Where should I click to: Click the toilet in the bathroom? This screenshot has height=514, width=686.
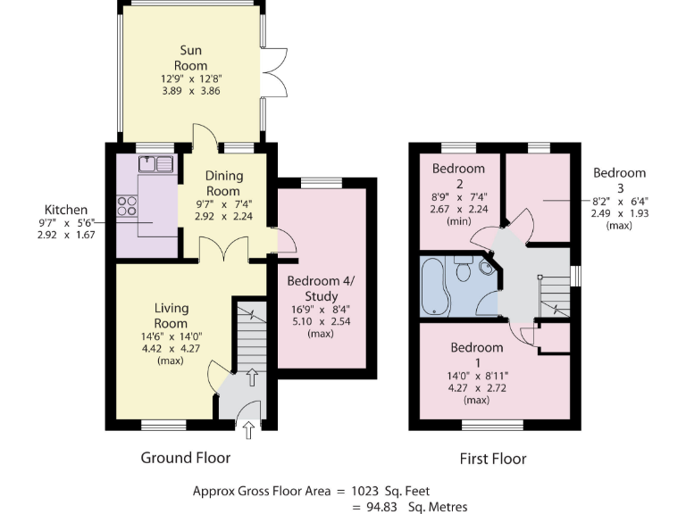[x=463, y=269]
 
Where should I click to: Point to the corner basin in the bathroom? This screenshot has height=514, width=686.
[x=486, y=266]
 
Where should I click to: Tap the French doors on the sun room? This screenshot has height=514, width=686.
[x=279, y=71]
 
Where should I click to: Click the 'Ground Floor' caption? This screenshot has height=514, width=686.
[x=186, y=458]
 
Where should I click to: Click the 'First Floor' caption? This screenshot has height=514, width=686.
[x=492, y=459]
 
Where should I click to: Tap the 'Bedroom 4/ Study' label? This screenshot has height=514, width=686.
[x=320, y=289]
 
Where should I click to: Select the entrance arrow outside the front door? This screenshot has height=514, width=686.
[x=247, y=430]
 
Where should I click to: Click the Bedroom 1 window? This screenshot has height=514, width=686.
[x=492, y=424]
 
